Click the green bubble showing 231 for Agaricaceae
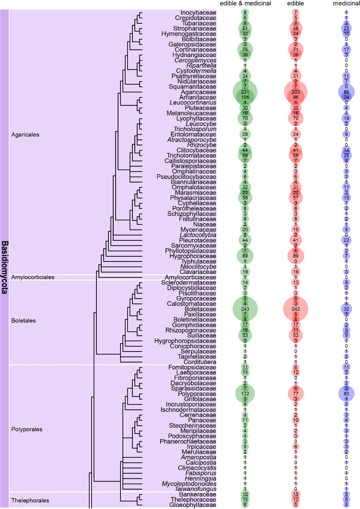[245, 92]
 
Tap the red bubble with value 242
[296, 309]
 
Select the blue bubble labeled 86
[346, 92]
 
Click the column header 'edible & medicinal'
[245, 3]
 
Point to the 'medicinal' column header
[346, 3]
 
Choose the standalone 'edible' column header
[296, 3]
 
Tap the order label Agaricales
[25, 135]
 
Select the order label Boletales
[23, 321]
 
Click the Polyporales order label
[27, 429]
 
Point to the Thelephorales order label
[30, 501]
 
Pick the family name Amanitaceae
[197, 97]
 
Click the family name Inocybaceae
[198, 13]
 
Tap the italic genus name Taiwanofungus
[195, 489]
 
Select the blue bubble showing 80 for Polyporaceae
[346, 394]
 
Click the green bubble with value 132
[245, 394]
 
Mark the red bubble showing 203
[296, 92]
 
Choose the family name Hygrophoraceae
[193, 256]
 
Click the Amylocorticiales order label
[33, 277]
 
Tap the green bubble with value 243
[245, 309]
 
